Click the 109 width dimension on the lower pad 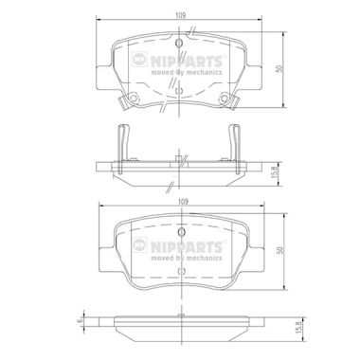click(183, 202)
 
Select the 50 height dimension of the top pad click(279, 69)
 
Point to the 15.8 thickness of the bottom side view click(304, 330)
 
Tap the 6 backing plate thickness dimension click(81, 321)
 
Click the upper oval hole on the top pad click(179, 44)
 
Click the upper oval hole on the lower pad click(181, 232)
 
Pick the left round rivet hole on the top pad click(133, 98)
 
